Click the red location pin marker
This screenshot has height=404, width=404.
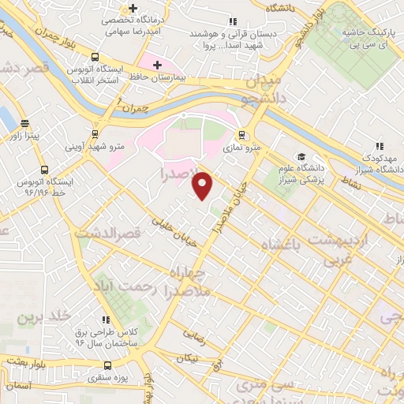coord(203,184)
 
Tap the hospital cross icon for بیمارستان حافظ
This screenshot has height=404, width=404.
coord(157,65)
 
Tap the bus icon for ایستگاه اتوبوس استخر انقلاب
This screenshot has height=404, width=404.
coord(95,58)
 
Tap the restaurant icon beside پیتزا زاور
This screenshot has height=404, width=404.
coord(25,124)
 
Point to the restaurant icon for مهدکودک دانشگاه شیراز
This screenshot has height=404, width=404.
coord(380,146)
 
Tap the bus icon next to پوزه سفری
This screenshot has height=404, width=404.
coord(109,365)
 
